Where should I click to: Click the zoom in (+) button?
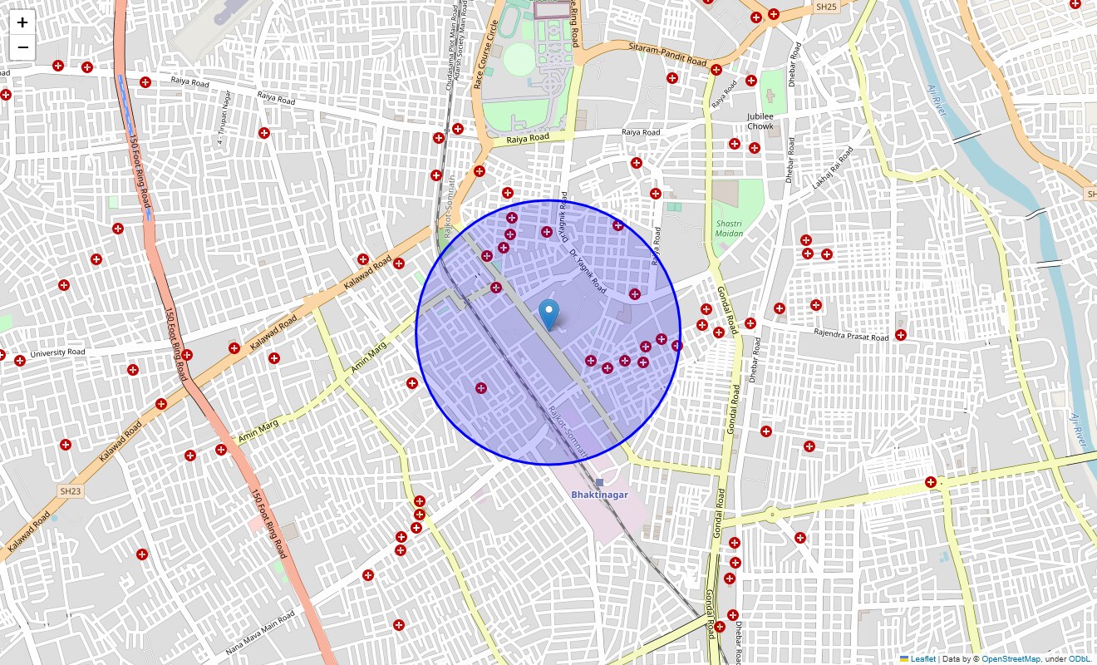tap(22, 23)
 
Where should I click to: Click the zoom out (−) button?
tap(22, 48)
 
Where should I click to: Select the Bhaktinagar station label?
tap(599, 495)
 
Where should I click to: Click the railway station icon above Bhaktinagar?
tap(599, 482)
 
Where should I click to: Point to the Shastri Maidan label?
tap(729, 229)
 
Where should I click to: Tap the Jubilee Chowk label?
tap(760, 121)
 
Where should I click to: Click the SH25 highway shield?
tap(826, 7)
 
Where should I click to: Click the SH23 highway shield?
tap(71, 491)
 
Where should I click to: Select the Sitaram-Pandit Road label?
tap(667, 57)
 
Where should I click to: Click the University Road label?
tap(57, 353)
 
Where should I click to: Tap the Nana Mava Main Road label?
tap(260, 633)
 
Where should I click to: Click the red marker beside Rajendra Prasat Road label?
tap(900, 335)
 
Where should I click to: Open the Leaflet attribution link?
tap(922, 659)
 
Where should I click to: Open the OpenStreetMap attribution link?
tap(1011, 659)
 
